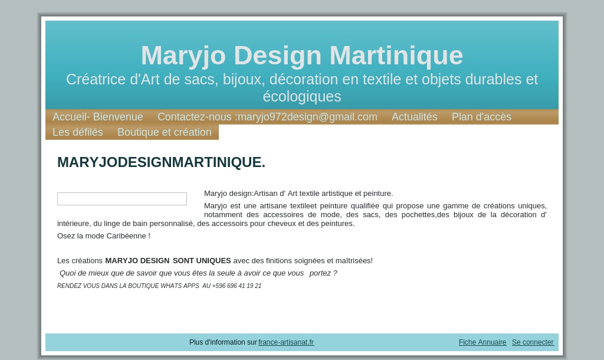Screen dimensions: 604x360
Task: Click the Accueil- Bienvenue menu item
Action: coord(97,117)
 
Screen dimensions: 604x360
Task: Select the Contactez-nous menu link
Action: coord(267,117)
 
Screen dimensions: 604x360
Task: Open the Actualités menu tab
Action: coord(415,117)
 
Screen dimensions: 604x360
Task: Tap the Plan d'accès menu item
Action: coord(481,117)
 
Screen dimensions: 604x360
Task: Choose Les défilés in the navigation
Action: coord(78,132)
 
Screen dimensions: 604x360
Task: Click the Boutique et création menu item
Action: coord(165,132)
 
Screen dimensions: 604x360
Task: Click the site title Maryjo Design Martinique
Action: coord(302,55)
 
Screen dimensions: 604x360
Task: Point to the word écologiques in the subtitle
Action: coord(302,97)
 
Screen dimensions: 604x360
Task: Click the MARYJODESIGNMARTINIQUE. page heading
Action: coord(162,162)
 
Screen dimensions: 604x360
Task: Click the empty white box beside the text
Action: coord(122,199)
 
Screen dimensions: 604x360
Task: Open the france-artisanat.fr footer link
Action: coord(286,342)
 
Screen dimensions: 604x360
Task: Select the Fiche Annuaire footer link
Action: coord(482,342)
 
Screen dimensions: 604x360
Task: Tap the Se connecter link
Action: coord(533,342)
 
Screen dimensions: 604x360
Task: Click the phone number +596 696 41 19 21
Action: coord(237,286)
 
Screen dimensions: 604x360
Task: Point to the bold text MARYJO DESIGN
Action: coord(137,261)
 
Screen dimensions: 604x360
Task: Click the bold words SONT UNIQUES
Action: coord(202,261)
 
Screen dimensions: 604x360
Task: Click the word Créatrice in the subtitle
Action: coord(96,80)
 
